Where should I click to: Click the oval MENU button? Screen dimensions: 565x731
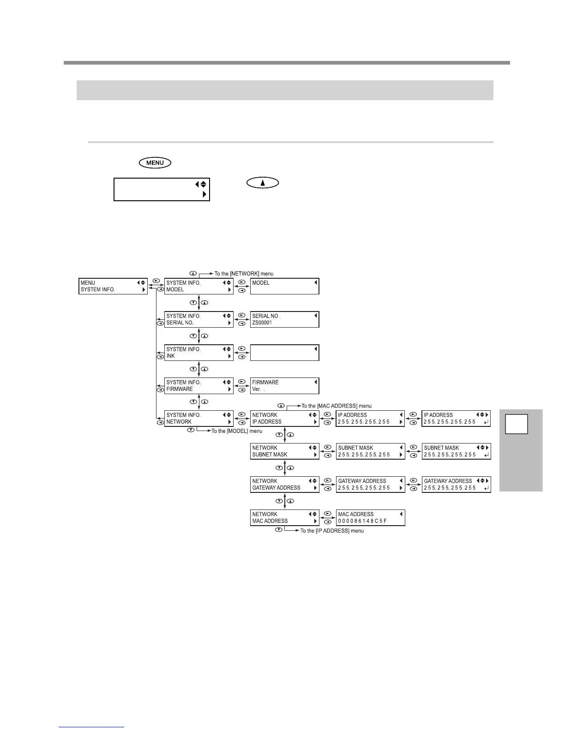[155, 162]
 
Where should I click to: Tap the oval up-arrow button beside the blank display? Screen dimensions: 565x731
[263, 183]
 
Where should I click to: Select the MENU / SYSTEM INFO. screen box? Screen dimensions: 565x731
[113, 286]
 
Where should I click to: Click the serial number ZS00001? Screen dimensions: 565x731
[262, 323]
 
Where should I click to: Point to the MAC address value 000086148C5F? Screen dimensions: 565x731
[362, 521]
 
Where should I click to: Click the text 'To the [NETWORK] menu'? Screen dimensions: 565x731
[244, 274]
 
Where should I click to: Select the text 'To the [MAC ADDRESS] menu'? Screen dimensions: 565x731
[337, 406]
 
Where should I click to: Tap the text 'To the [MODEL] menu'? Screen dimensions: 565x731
[237, 431]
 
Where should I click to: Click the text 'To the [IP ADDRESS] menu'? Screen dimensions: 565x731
[332, 531]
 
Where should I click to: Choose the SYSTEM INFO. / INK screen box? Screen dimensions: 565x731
[199, 353]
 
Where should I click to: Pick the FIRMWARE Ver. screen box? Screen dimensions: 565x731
[284, 386]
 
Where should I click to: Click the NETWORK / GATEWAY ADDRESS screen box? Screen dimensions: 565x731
[284, 484]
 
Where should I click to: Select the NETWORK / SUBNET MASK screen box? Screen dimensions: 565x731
[284, 451]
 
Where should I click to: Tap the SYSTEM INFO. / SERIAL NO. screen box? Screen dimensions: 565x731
[199, 319]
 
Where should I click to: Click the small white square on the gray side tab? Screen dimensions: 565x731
[516, 424]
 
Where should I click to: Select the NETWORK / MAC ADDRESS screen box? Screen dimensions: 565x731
[284, 517]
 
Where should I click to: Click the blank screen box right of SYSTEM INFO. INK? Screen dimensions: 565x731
[284, 353]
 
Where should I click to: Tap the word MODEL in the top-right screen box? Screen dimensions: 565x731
[261, 283]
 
